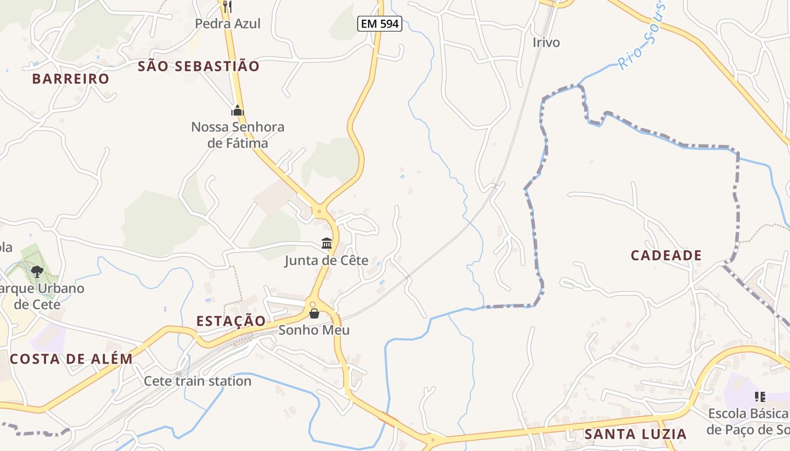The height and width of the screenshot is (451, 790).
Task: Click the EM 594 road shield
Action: coord(379,24)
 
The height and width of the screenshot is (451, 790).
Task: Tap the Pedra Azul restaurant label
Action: coord(227,24)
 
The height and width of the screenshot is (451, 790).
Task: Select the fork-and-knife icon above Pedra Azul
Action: coord(227,7)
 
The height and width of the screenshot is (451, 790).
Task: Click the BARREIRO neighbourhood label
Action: coord(71,79)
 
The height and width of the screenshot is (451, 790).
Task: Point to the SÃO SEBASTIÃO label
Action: coord(199,67)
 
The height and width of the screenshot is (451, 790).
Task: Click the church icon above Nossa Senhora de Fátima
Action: coord(238,110)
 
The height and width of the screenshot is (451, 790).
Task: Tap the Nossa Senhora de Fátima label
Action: coord(238,135)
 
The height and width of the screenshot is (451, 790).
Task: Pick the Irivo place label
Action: coord(546,42)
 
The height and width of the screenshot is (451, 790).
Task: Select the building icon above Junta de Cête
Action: coord(327,244)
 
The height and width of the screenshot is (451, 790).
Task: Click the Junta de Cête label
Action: coord(326,260)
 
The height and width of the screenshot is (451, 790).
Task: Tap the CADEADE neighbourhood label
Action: coord(666,255)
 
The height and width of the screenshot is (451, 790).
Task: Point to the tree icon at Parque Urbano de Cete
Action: coord(37,272)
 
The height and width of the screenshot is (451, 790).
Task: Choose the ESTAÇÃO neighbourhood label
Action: coord(231,321)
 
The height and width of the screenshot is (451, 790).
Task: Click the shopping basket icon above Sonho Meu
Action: coord(314,313)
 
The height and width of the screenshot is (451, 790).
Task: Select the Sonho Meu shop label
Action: coord(314,330)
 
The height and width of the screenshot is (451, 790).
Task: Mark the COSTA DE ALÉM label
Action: coord(71,359)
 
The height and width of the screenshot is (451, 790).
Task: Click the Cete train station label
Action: coord(197,381)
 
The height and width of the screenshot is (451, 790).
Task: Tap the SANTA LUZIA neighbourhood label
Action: coord(635,434)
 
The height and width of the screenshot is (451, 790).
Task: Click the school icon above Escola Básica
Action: coord(760,397)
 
